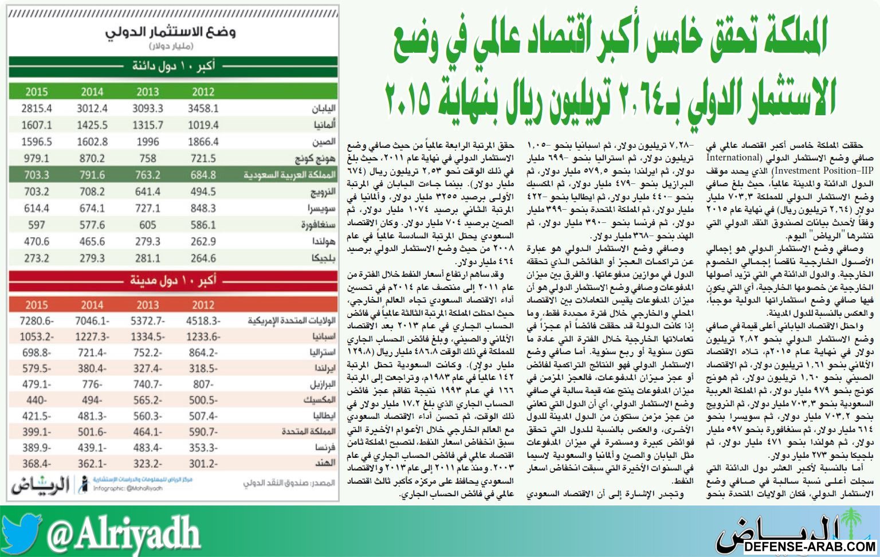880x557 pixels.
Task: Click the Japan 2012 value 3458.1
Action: pyautogui.click(x=203, y=108)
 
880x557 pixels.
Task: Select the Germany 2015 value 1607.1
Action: pyautogui.click(x=37, y=125)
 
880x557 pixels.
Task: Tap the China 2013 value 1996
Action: pyautogui.click(x=148, y=142)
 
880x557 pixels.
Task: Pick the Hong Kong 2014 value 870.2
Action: pyautogui.click(x=92, y=158)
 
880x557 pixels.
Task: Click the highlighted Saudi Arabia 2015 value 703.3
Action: pyautogui.click(x=37, y=175)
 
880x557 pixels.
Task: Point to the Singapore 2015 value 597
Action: pyautogui.click(x=37, y=225)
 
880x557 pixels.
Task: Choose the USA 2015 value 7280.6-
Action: pyautogui.click(x=37, y=320)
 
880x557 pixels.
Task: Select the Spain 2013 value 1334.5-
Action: pyautogui.click(x=148, y=336)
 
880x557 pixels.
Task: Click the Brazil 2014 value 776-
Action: pyautogui.click(x=92, y=384)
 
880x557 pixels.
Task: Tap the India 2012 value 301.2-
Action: pyautogui.click(x=203, y=463)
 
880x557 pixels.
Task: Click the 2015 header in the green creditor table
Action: pyautogui.click(x=37, y=92)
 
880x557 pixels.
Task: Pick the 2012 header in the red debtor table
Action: pyautogui.click(x=203, y=305)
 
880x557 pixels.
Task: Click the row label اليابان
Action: pyautogui.click(x=323, y=108)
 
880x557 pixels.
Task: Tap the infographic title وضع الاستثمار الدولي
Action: pyautogui.click(x=171, y=32)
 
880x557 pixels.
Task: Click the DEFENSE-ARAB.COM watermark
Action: pyautogui.click(x=810, y=546)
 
